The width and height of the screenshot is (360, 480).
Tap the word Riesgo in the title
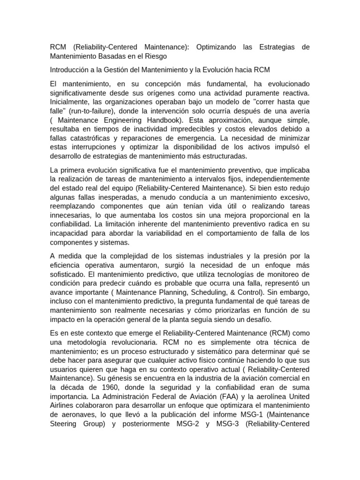[153, 56]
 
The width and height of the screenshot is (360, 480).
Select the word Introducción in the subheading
[71, 70]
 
